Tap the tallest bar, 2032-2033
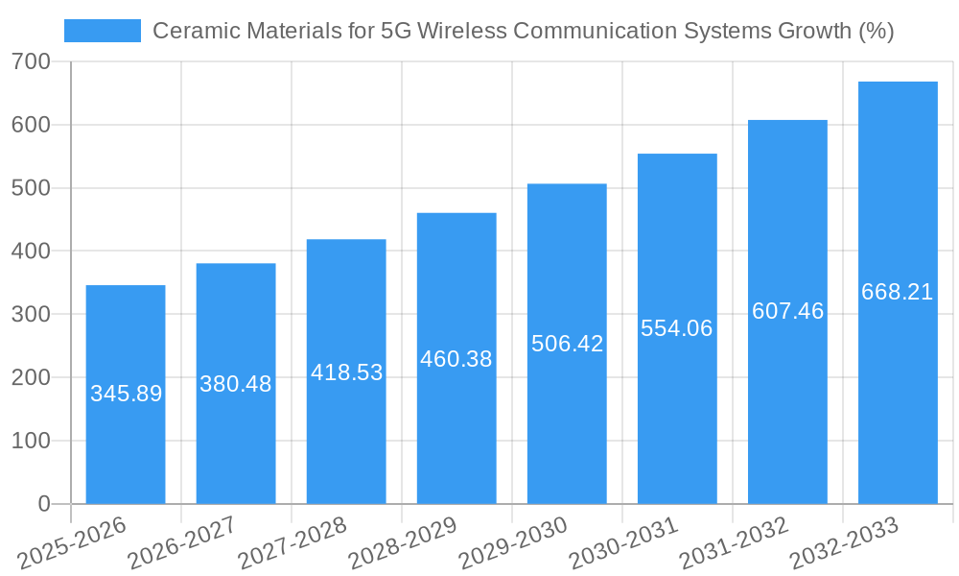(898, 384)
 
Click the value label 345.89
(126, 394)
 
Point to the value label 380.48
(236, 384)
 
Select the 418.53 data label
(346, 372)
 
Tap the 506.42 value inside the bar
(567, 344)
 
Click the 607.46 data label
(787, 311)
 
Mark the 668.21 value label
(898, 292)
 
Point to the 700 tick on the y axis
(32, 62)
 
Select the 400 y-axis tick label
(32, 252)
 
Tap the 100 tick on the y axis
(32, 441)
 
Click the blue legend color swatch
(102, 31)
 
